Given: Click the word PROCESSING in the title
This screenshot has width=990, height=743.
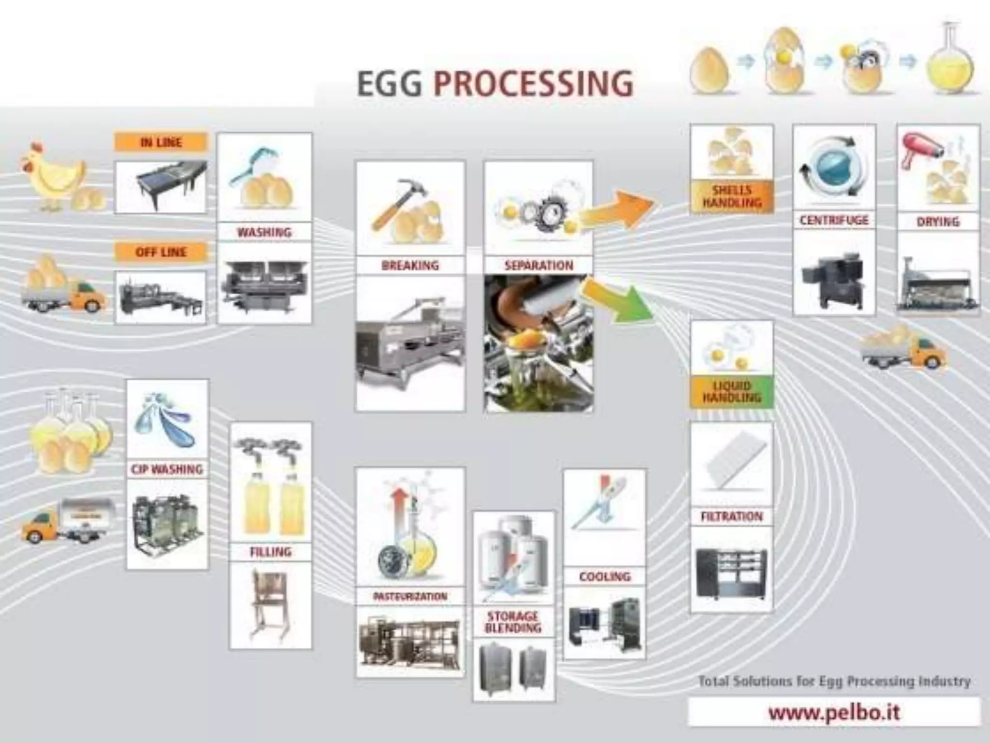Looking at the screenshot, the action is point(533,83).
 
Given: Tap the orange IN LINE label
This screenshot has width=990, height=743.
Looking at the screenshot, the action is point(161,142).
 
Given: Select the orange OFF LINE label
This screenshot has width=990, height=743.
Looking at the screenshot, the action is point(161,252).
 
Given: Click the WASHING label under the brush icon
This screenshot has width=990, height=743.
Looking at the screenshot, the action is point(264,232).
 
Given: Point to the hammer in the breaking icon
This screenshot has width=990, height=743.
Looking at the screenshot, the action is point(396,203).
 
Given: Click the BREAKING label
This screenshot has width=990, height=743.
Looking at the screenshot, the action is point(410,265).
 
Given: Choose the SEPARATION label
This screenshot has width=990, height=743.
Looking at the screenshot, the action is point(539,265).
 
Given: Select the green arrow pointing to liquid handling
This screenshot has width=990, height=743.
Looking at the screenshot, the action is point(619,301).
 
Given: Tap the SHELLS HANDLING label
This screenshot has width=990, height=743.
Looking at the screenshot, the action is point(732,196).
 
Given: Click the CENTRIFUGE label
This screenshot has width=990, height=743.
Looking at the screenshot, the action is point(834,221).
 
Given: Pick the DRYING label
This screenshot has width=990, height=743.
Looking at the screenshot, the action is point(938,222).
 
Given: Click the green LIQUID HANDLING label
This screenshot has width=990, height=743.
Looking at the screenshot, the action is point(732,392).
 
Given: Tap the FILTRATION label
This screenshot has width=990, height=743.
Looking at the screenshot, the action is point(732,516).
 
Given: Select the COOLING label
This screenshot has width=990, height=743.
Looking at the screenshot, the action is point(605,576).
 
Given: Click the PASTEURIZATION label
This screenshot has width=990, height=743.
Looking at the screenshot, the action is point(410,596).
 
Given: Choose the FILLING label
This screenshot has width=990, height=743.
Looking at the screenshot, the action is point(271,551).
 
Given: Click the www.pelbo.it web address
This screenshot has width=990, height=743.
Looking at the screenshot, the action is point(834,712).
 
